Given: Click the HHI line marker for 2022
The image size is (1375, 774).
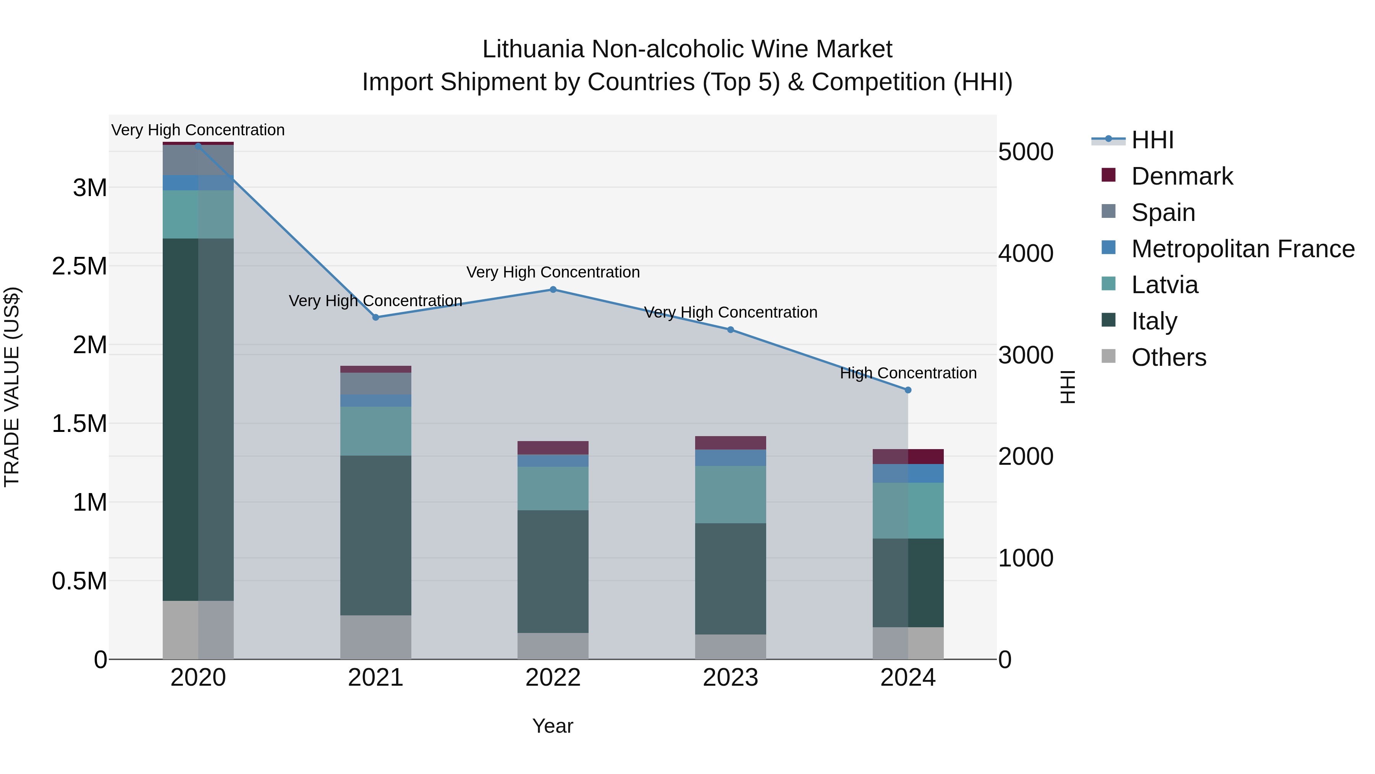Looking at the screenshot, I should (553, 289).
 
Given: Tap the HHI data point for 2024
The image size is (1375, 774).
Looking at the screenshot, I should (908, 390).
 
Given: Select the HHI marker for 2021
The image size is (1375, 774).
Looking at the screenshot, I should (376, 317).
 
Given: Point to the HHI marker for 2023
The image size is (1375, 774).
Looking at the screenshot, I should (731, 329).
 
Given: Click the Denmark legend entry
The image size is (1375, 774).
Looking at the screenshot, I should (1182, 176).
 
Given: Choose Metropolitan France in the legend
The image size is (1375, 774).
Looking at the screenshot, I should (1242, 249).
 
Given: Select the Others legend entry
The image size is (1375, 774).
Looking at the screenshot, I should (1168, 357).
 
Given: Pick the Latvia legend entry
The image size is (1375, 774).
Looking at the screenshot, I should (1165, 285).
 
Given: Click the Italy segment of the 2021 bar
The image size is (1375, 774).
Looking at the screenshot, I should (376, 535).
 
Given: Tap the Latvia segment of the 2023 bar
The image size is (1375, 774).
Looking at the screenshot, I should (731, 494).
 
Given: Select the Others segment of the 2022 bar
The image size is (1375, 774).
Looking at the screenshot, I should (553, 646).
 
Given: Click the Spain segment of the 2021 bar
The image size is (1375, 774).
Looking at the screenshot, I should (376, 383).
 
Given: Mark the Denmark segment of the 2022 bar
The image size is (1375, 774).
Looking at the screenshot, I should (553, 448).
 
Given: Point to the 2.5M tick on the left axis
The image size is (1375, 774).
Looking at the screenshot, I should (79, 266).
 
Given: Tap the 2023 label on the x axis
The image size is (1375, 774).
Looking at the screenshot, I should (731, 678).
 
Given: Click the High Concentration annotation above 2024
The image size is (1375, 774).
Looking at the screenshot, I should (908, 373).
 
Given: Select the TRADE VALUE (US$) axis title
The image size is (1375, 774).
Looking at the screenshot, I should (12, 387).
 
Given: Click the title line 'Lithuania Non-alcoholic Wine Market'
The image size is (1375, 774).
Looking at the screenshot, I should (687, 49).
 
